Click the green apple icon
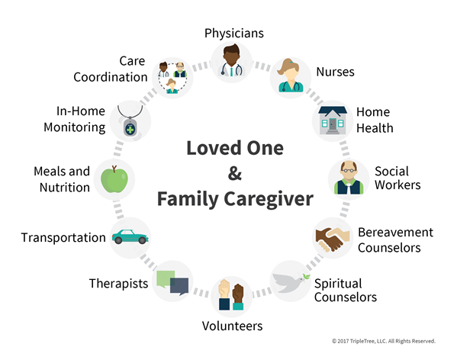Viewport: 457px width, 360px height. coord(114,179)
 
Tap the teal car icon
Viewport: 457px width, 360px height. coord(130,236)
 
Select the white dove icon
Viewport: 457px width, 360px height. coord(291,282)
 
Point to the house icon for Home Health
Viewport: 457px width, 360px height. coord(333,121)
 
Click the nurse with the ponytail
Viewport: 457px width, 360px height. coord(291,76)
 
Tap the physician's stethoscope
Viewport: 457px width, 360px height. coord(232,70)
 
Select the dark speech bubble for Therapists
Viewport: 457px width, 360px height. coord(179,287)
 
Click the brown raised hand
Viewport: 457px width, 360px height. coord(238,294)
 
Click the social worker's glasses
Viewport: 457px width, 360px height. coord(349,170)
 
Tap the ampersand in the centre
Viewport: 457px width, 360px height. coord(235,173)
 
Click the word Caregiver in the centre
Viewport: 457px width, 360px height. coord(269,200)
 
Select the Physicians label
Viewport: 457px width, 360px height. coord(234,34)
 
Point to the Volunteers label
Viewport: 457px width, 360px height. coord(232,326)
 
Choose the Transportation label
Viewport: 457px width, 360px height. coord(63,238)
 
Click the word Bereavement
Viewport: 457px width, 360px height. coord(395,233)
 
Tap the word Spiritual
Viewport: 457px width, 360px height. coord(338,284)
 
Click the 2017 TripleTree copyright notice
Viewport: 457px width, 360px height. coord(384,341)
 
